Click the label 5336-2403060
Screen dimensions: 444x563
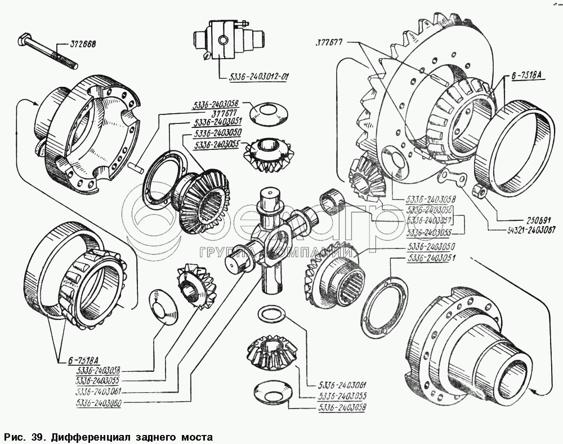click(99, 402)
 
